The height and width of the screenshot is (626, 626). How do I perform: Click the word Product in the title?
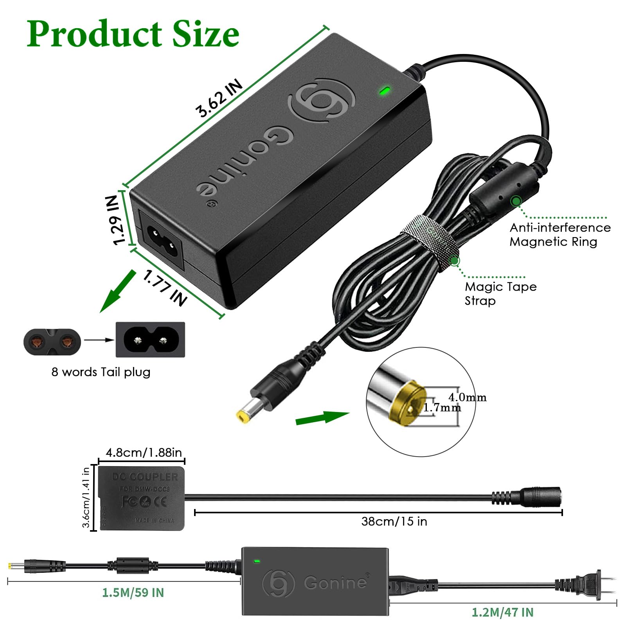(x=94, y=34)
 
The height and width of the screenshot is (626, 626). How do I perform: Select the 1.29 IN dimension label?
(x=116, y=220)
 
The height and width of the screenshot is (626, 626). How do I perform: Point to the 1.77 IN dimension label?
(x=165, y=288)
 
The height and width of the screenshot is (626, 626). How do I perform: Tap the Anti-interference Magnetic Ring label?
(x=559, y=234)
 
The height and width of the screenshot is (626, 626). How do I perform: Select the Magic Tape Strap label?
(x=500, y=293)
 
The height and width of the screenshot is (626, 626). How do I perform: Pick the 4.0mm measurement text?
(x=467, y=397)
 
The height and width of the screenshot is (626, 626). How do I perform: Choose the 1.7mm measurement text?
(x=442, y=408)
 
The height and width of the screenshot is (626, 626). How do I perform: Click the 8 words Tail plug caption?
(x=101, y=372)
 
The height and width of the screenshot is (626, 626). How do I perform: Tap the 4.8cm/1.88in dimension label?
(x=144, y=453)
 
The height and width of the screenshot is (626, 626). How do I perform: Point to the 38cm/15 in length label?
(x=394, y=521)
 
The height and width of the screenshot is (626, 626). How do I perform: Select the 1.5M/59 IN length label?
(x=133, y=592)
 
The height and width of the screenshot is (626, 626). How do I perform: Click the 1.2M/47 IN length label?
(x=502, y=612)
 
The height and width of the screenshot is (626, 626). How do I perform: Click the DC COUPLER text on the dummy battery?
(x=145, y=477)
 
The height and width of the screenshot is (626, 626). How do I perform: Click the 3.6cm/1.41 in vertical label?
(x=86, y=497)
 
